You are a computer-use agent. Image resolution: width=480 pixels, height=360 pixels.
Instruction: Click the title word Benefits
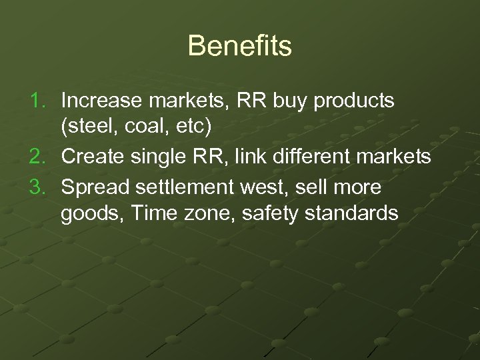[x=239, y=47]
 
